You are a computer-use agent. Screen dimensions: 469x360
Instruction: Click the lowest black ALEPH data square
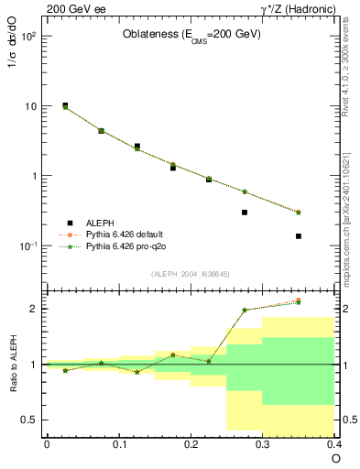pyautogui.click(x=299, y=236)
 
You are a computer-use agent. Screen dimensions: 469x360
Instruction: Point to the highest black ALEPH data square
pyautogui.click(x=65, y=105)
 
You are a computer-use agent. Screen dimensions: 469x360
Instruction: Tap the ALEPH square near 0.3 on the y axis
pyautogui.click(x=245, y=213)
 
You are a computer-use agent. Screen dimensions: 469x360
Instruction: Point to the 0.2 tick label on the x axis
pyautogui.click(x=191, y=444)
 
